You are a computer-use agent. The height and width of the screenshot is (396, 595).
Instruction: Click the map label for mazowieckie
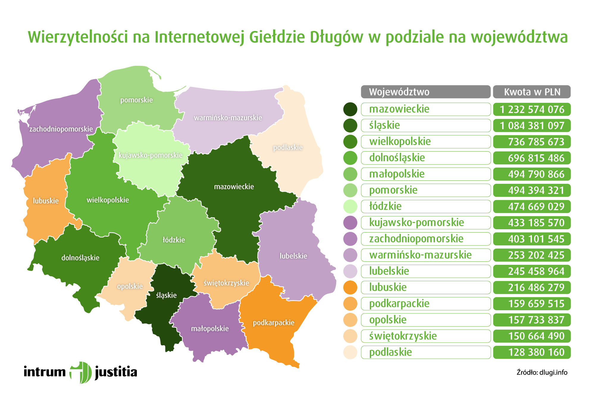pyautogui.click(x=234, y=187)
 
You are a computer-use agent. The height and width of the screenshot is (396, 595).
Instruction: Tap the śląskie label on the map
pyautogui.click(x=166, y=295)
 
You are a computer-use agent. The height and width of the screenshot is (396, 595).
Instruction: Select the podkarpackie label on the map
pyautogui.click(x=273, y=323)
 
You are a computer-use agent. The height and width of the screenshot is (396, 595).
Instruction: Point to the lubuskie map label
pyautogui.click(x=46, y=201)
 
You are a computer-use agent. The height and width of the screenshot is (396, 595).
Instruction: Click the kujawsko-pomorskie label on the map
pyautogui.click(x=150, y=155)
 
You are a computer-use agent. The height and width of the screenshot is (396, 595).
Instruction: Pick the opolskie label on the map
pyautogui.click(x=130, y=286)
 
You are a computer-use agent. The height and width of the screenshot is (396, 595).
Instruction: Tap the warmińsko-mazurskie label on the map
pyautogui.click(x=228, y=118)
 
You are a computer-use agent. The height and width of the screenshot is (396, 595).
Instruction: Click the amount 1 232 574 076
pyautogui.click(x=532, y=109)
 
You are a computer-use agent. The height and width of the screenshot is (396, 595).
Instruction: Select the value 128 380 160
pyautogui.click(x=532, y=352)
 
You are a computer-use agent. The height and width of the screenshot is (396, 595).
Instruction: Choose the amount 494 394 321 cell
pyautogui.click(x=532, y=190)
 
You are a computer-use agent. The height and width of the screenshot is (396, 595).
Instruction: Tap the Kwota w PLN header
pyautogui.click(x=532, y=92)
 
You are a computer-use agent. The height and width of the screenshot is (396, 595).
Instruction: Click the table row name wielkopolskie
pyautogui.click(x=400, y=141)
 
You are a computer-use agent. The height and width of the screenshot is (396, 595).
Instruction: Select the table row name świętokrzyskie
pyautogui.click(x=403, y=336)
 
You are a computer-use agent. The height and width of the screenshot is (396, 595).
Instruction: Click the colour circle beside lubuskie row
pyautogui.click(x=350, y=288)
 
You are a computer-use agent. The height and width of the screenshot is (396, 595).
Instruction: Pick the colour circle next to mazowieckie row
pyautogui.click(x=350, y=109)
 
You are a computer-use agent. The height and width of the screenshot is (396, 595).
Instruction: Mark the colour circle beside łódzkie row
pyautogui.click(x=350, y=206)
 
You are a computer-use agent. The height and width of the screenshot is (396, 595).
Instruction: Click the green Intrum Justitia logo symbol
pyautogui.click(x=81, y=372)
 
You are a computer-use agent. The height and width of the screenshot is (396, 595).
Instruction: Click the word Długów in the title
pyautogui.click(x=336, y=38)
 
